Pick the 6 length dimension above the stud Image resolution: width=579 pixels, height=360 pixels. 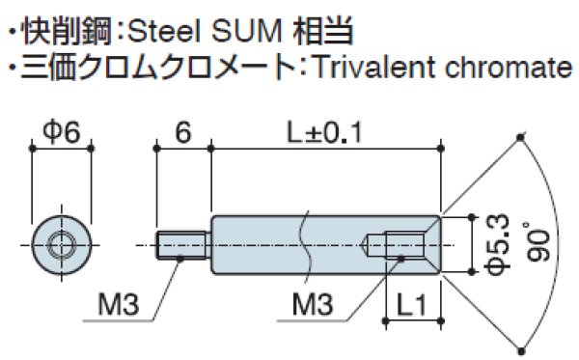pos(183,131)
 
